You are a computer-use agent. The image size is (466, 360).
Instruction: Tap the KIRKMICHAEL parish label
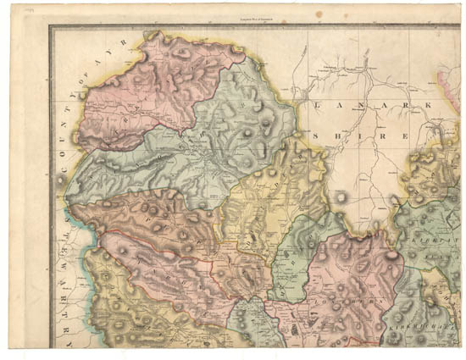coord(408,326)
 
